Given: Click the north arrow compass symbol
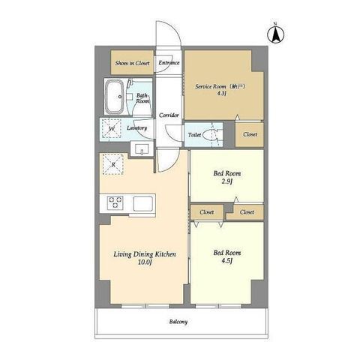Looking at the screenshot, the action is (276, 35).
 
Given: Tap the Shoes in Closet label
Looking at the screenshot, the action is (132, 63).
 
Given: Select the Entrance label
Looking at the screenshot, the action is (169, 62).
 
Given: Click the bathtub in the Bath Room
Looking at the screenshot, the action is (114, 97).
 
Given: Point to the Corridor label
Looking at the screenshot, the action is (169, 115).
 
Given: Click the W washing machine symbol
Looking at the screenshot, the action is (112, 128).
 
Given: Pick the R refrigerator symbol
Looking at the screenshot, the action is (113, 164).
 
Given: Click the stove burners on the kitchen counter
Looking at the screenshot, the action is (115, 202).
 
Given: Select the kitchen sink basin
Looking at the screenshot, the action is (143, 204).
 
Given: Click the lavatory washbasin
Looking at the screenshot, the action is (142, 149).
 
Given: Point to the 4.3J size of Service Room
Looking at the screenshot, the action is (220, 94).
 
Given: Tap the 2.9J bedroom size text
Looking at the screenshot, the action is (227, 181).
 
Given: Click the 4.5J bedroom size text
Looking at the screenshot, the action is (227, 261).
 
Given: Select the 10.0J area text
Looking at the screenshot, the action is (145, 262).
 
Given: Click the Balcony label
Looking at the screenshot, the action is (178, 322).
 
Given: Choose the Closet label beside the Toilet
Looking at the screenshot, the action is (250, 134).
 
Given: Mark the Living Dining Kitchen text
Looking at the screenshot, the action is (145, 254).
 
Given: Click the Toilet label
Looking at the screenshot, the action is (194, 135).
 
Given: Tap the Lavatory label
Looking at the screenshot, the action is (136, 128).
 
